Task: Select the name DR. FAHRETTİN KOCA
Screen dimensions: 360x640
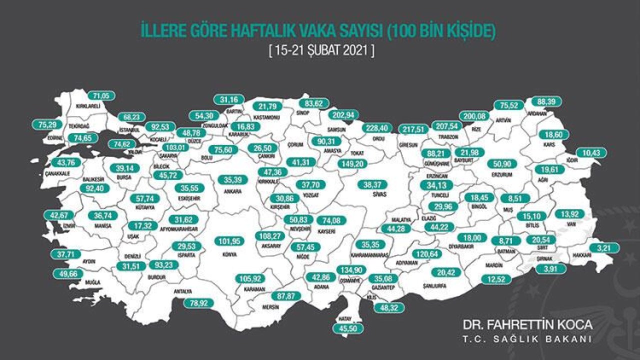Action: (x=527, y=324)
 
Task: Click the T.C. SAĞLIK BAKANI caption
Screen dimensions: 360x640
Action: (x=527, y=339)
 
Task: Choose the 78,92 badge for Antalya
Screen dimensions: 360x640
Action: (x=198, y=302)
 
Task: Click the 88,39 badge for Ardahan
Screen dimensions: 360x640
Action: (x=546, y=101)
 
